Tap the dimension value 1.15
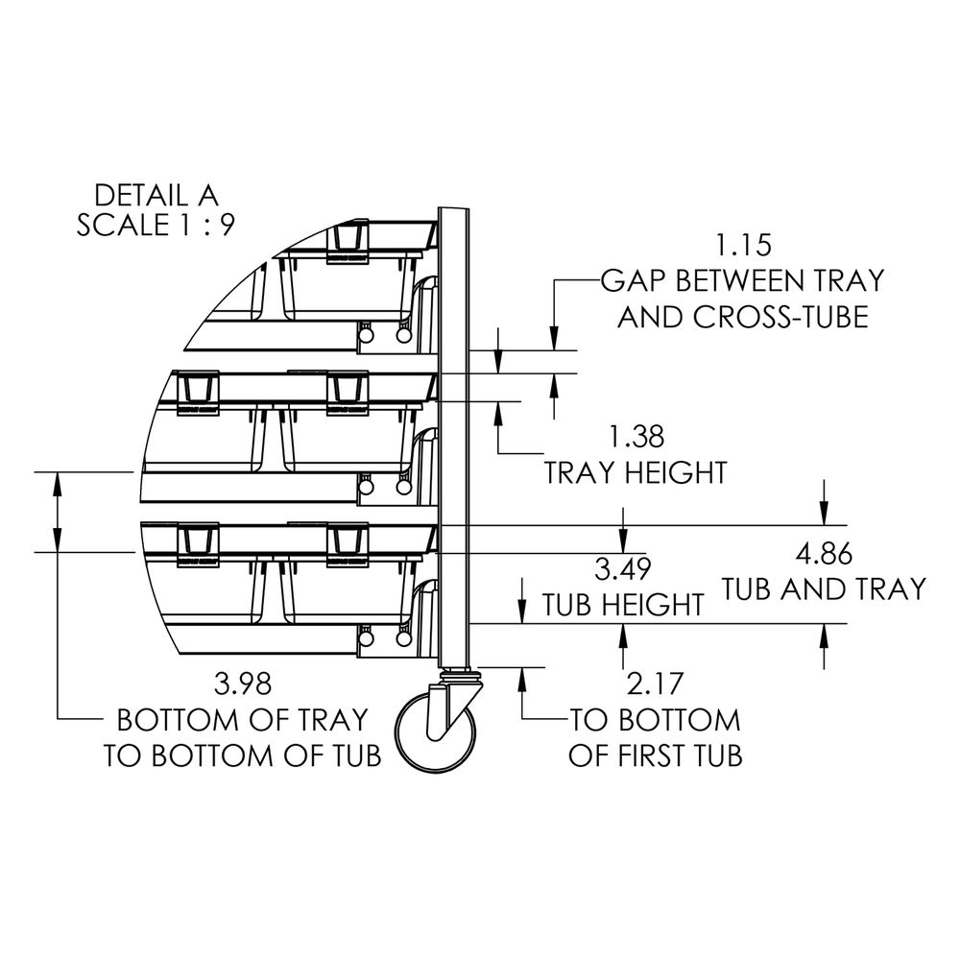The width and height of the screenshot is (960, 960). click(743, 246)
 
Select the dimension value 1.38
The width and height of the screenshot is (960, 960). click(636, 437)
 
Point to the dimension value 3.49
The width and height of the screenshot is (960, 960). click(623, 569)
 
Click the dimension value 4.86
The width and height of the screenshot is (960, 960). click(824, 555)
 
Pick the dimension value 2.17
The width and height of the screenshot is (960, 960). click(654, 684)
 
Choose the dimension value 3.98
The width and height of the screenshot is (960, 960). click(243, 684)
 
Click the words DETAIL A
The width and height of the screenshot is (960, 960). click(156, 195)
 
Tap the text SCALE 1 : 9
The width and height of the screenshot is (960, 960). click(156, 226)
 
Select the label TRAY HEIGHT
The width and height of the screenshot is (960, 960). click(636, 472)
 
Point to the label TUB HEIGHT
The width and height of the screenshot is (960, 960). click(623, 605)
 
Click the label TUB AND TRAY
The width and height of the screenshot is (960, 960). click(824, 589)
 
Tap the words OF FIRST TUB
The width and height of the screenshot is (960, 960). click(655, 756)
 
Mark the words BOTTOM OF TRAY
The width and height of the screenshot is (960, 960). click(243, 720)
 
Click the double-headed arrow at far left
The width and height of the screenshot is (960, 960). click(57, 512)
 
